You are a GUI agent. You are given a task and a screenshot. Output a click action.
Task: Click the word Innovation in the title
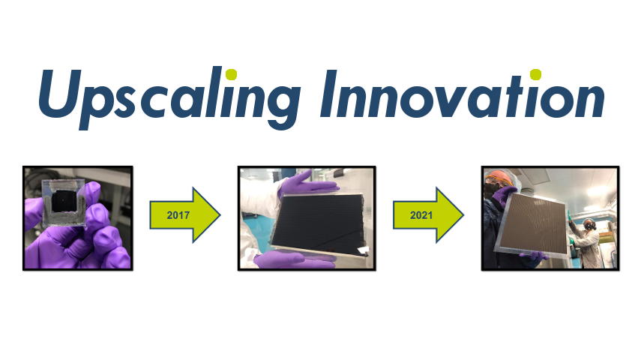(x=463, y=94)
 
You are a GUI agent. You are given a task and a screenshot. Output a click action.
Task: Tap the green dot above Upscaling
(x=231, y=74)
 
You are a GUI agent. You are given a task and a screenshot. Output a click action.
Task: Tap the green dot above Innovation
(x=536, y=74)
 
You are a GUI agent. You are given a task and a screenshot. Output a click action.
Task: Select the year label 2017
(x=178, y=215)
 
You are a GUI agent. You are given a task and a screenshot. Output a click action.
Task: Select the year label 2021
(x=421, y=215)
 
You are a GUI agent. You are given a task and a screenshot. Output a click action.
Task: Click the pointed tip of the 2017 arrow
(x=220, y=215)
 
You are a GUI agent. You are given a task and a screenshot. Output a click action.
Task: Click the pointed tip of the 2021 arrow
(x=463, y=215)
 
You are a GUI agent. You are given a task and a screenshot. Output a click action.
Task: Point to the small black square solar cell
(x=63, y=200)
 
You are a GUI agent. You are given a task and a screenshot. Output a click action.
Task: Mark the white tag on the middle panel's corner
(x=364, y=250)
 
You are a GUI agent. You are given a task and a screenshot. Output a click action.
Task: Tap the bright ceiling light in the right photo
(x=596, y=190)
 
